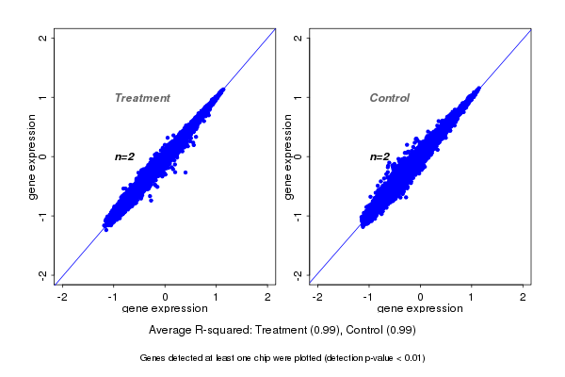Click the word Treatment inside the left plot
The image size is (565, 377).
(142, 98)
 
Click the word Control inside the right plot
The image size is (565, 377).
(389, 98)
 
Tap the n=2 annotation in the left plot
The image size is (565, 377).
(125, 156)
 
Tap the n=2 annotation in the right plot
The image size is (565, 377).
(379, 156)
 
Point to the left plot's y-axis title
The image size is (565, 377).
(33, 156)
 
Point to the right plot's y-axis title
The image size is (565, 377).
(288, 156)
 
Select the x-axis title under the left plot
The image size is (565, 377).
(166, 308)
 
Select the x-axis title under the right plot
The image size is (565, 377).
(420, 308)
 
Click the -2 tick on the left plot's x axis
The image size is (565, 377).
(63, 297)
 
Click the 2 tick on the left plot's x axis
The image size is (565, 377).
(268, 297)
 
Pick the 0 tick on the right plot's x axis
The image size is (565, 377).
(421, 297)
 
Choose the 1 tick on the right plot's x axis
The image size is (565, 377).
(472, 297)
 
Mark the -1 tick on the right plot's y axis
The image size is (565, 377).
(299, 216)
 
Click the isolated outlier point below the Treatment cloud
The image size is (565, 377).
(186, 172)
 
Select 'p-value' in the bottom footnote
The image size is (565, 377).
(378, 358)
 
